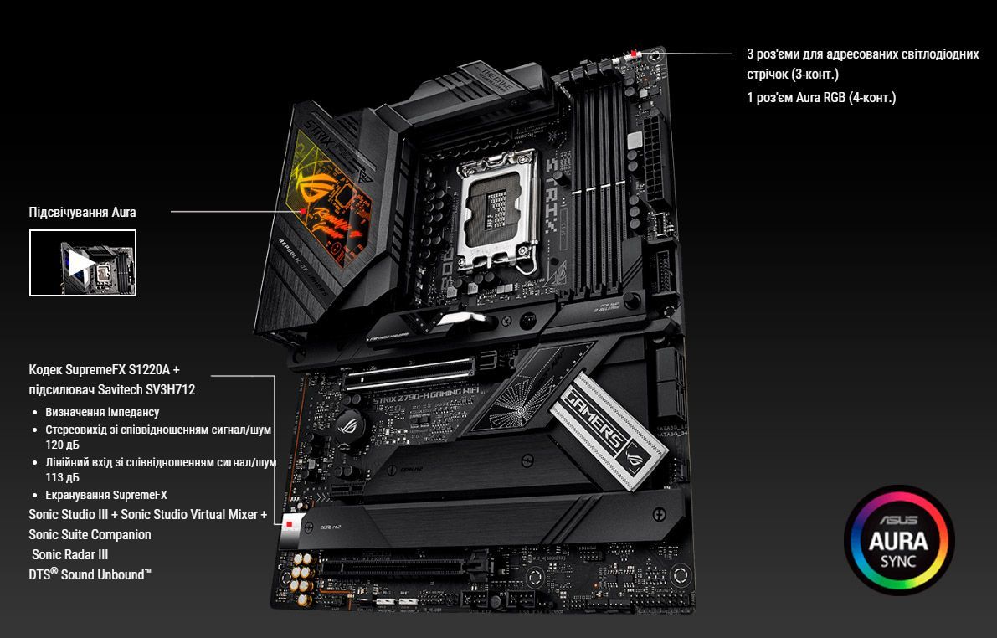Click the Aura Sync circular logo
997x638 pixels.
coord(899,540)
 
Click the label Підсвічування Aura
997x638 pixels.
coord(83,213)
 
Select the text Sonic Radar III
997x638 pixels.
coord(70,554)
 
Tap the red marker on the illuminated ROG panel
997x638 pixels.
coord(303,211)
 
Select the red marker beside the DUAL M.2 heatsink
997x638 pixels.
coord(290,525)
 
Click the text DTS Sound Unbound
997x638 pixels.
coord(90,574)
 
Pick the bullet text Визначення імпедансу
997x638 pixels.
coord(102,412)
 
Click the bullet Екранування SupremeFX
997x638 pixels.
coord(106,495)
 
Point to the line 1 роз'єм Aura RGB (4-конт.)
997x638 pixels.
coord(821,97)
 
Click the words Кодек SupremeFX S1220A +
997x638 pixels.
coord(105,369)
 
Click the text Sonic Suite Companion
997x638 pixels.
coord(90,534)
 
